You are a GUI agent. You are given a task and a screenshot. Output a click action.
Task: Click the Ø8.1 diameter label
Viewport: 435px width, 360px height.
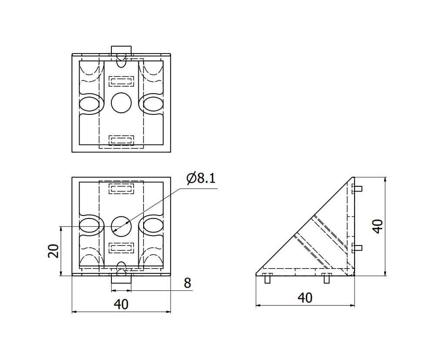(x=201, y=178)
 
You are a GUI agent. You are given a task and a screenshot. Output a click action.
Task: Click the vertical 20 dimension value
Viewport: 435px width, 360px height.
(x=54, y=251)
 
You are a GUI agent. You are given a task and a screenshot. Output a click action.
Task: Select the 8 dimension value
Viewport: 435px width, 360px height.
(x=187, y=283)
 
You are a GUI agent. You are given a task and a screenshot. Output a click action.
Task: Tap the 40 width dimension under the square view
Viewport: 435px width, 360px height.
(x=121, y=304)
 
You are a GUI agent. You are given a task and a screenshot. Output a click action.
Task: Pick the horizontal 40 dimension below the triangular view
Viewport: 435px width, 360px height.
(x=305, y=298)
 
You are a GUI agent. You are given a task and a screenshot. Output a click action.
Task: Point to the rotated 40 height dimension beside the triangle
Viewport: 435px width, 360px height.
(x=378, y=226)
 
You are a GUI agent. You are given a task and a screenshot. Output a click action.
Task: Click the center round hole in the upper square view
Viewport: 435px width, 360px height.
(x=121, y=103)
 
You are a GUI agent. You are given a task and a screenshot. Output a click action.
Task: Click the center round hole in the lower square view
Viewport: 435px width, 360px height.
(x=121, y=225)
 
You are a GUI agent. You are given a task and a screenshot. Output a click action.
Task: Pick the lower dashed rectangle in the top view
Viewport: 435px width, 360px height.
(x=121, y=140)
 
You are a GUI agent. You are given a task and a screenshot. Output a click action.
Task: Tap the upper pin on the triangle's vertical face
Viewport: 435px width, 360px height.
(x=358, y=188)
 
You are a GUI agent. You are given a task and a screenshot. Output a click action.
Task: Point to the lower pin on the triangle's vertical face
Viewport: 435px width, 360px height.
(x=358, y=248)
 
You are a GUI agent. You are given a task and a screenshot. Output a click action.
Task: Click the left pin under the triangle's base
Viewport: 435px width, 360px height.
(x=268, y=279)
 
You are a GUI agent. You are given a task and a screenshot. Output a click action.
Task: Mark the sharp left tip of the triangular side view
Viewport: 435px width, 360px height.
(x=256, y=275)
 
